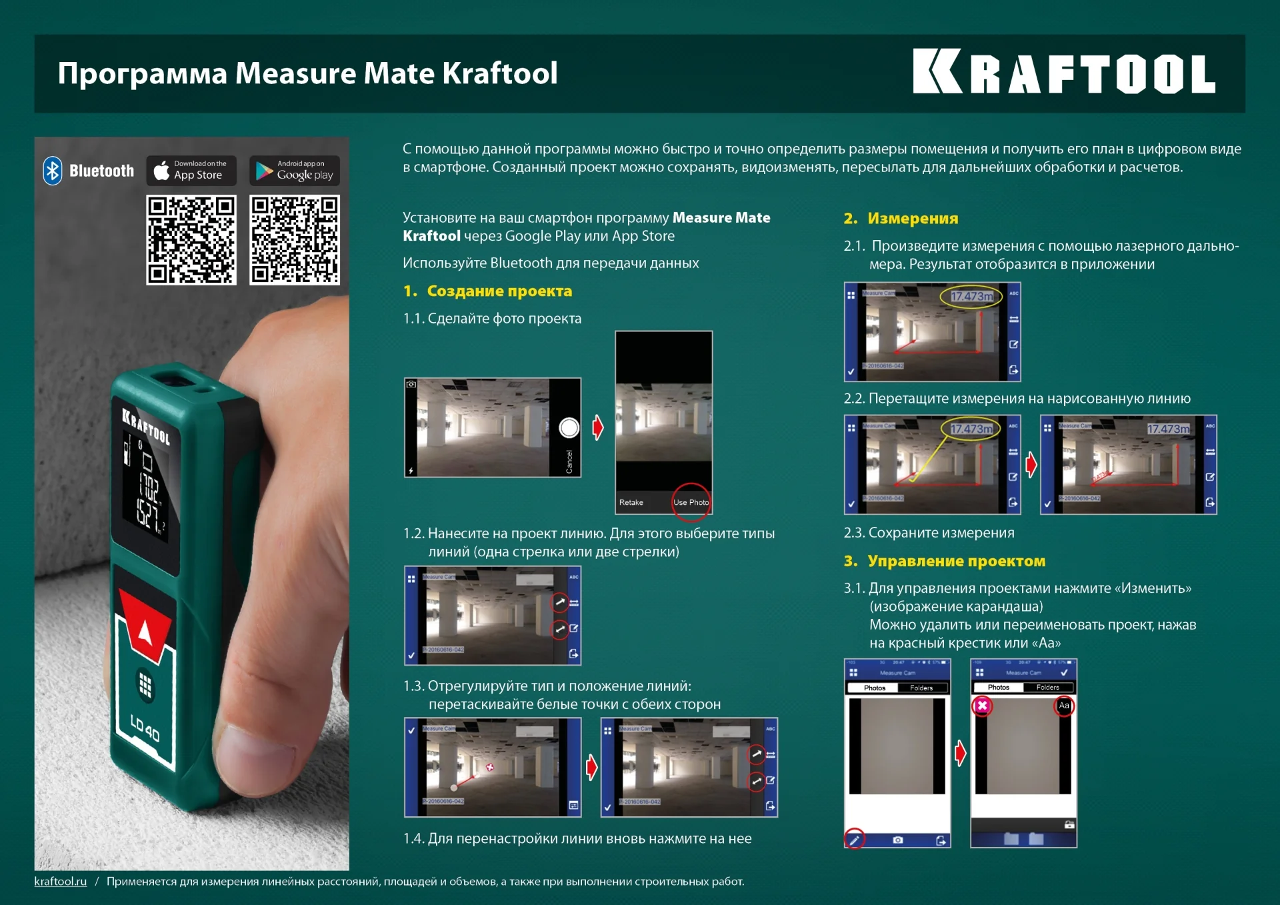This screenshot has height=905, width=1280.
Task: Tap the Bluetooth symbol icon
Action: pos(53,171)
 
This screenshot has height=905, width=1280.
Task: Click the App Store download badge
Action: pos(191,171)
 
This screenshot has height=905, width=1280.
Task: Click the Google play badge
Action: pos(295,171)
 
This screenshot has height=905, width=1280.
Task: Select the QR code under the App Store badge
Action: pos(191,240)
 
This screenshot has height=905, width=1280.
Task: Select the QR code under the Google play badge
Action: pos(295,240)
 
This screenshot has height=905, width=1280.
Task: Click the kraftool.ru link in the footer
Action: pos(61,881)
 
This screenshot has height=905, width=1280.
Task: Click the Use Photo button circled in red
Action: pos(691,502)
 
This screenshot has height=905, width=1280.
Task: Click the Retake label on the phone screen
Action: pos(631,502)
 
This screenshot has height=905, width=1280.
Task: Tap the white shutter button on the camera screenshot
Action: pos(569,427)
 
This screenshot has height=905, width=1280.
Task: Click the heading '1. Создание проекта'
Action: pos(487,291)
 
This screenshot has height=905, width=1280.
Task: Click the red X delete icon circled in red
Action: pos(982,706)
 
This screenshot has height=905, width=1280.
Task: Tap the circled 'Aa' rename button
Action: pos(1064,706)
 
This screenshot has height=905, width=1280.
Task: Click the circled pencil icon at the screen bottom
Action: pos(855,839)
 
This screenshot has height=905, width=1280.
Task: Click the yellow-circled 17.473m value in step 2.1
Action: pos(971,296)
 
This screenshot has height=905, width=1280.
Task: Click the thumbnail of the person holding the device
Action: pos(191,503)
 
